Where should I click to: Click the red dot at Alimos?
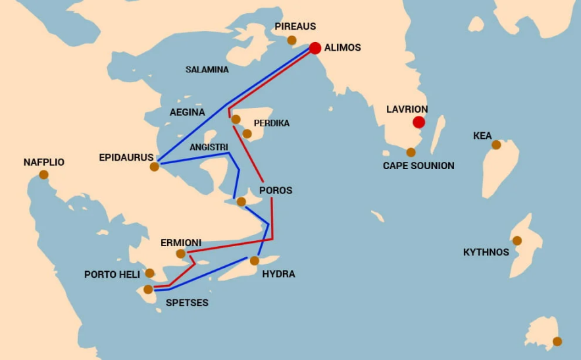click(315, 48)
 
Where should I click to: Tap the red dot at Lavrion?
click(418, 122)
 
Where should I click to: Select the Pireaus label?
click(295, 26)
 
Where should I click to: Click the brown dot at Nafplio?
click(43, 174)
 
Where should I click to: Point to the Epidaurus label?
click(126, 157)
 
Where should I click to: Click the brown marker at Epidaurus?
click(155, 167)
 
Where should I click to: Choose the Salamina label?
click(207, 69)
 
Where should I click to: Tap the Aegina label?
click(188, 112)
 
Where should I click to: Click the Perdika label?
click(272, 123)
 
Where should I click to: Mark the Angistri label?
click(208, 147)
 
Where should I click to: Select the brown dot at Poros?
click(241, 201)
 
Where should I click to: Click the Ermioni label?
click(181, 243)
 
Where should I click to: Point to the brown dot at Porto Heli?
click(149, 273)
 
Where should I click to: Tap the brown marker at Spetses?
click(148, 289)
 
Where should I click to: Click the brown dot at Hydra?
click(255, 261)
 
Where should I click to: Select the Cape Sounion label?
click(418, 166)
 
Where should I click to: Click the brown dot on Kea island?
click(496, 145)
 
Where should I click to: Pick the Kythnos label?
click(486, 252)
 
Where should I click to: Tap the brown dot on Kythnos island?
click(517, 241)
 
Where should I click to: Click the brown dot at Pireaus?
click(292, 41)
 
